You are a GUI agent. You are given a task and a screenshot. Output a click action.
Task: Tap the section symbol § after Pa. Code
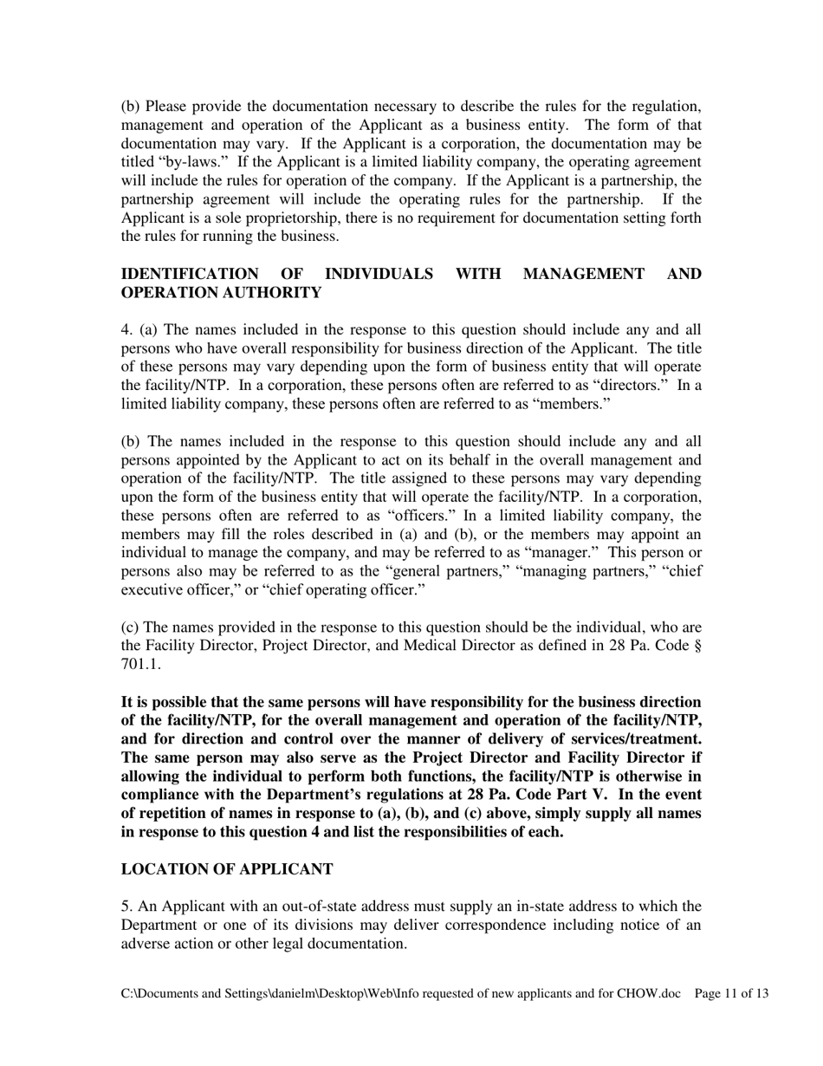tap(697, 647)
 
